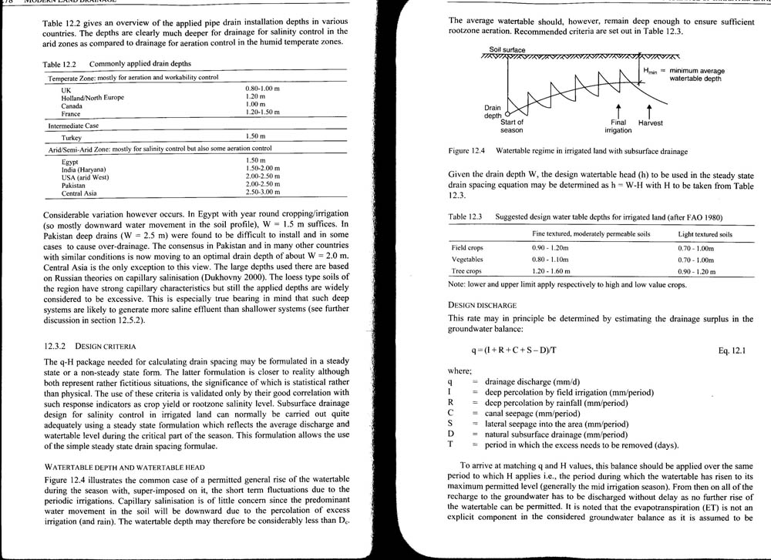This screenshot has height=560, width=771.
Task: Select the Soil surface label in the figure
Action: tap(507, 50)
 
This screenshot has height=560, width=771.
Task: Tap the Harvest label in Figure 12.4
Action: tap(650, 122)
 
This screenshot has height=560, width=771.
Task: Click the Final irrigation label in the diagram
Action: tap(618, 126)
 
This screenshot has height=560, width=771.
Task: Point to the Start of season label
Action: tap(512, 126)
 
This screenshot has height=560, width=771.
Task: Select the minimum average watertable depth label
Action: tap(696, 75)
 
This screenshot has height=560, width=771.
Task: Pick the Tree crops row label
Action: tap(466, 271)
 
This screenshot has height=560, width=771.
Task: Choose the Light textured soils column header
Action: tap(705, 234)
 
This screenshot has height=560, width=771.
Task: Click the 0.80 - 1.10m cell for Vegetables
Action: tap(554, 260)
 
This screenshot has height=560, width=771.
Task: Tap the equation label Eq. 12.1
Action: tap(733, 350)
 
